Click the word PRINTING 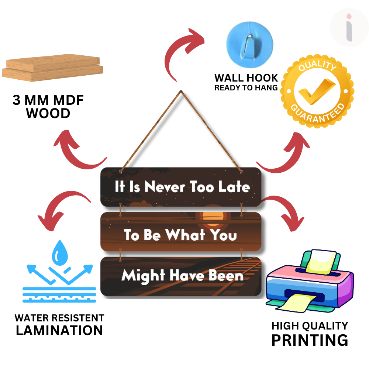point(310,340)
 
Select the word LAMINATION point(59,330)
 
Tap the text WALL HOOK point(246,78)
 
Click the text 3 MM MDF point(48,100)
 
